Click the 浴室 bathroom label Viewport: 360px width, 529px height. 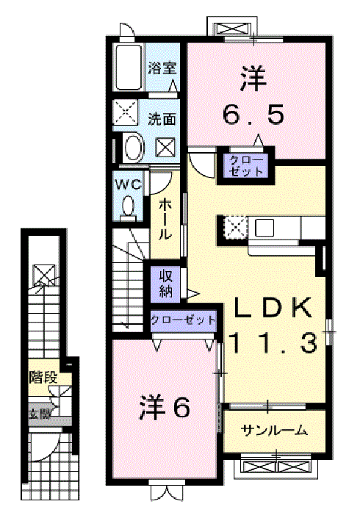pos(162,69)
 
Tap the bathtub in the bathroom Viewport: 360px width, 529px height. pos(129,68)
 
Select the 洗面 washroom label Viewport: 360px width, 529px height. pos(162,119)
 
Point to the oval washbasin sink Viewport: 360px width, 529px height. pos(134,148)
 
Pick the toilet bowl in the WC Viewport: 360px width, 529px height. pos(128,206)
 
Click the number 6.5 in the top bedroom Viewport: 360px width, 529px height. pos(253,115)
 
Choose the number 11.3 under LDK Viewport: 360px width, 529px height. pos(273,342)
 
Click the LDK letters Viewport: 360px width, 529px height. pos(273,308)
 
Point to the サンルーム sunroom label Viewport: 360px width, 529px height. pos(274,430)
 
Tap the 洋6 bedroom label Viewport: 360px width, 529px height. pos(165,408)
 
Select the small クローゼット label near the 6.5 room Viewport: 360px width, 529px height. pos(246,166)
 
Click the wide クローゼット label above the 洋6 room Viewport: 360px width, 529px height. pos(183,320)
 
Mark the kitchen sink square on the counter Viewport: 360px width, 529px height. pos(264,228)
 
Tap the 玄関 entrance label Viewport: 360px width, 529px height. pos(40,413)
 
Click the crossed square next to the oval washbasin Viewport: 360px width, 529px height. pos(165,148)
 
